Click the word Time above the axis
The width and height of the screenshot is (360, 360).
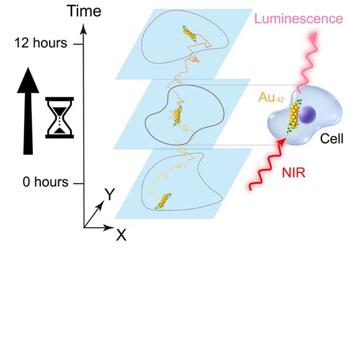[x=84, y=11]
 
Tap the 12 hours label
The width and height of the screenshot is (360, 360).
[x=41, y=43]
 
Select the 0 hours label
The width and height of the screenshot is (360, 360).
[x=45, y=182]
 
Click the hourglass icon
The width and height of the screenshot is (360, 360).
[x=60, y=117]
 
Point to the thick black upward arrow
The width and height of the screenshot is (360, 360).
[x=28, y=111]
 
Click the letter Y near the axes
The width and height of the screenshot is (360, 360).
[x=110, y=194]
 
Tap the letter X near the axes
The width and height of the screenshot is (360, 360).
[x=121, y=235]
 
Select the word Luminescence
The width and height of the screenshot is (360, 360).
[x=299, y=19]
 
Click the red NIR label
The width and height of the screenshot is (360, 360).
[x=294, y=173]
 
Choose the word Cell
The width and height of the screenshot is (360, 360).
[x=332, y=138]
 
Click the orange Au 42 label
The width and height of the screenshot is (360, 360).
[x=271, y=97]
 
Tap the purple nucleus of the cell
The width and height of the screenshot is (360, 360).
[x=307, y=115]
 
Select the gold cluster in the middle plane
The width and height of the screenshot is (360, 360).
[x=178, y=115]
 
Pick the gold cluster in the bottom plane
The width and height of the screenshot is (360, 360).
[x=163, y=201]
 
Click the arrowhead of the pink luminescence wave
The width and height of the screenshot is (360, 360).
[x=313, y=36]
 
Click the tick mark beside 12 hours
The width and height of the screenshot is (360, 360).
[x=79, y=44]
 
